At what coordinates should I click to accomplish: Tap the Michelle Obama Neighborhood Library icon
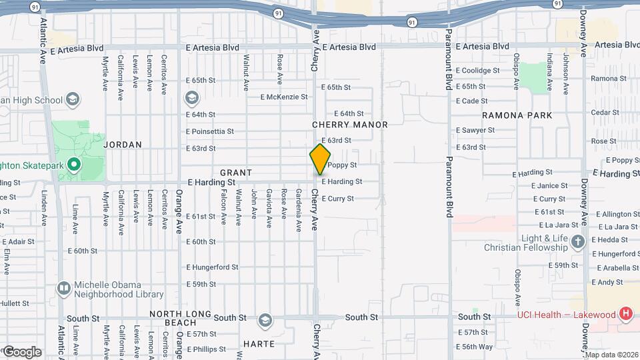64,288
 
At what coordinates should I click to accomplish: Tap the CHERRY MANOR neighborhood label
349,125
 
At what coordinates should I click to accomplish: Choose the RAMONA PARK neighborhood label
517,115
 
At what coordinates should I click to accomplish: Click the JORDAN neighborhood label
123,144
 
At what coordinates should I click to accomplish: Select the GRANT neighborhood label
236,173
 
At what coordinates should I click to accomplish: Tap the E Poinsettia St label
209,131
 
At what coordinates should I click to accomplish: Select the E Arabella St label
618,268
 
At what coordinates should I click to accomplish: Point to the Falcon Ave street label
223,206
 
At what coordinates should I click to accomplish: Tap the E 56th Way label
474,347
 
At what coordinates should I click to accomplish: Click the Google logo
21,352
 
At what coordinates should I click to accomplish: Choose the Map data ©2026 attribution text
611,355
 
